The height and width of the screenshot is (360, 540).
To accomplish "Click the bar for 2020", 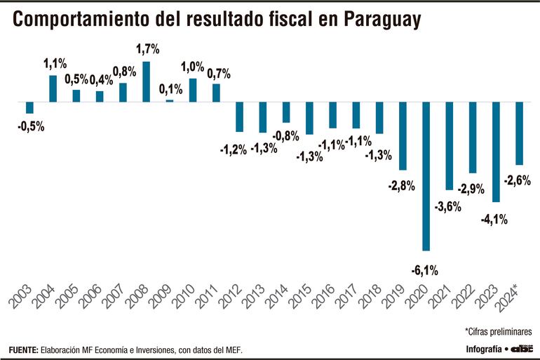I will pyautogui.click(x=426, y=176).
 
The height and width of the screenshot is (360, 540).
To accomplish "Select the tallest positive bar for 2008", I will pyautogui.click(x=146, y=81).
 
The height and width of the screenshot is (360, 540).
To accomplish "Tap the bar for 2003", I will pyautogui.click(x=29, y=107).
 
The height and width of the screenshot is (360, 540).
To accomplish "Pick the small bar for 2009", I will pyautogui.click(x=169, y=100).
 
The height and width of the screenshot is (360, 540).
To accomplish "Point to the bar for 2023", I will pyautogui.click(x=496, y=152).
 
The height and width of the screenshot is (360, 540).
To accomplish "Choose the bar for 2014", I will pyautogui.click(x=286, y=112).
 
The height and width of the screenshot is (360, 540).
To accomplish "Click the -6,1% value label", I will pyautogui.click(x=426, y=269).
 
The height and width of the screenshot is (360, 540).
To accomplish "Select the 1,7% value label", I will pyautogui.click(x=147, y=49).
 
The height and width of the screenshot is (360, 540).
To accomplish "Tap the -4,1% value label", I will pyautogui.click(x=494, y=219).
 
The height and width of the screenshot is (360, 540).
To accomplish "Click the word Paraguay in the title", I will pyautogui.click(x=382, y=20).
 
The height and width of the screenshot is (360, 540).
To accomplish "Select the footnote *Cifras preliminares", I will pyautogui.click(x=498, y=331).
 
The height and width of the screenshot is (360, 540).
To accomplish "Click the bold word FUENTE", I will pyautogui.click(x=23, y=349).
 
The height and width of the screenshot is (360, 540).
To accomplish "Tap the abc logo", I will pyautogui.click(x=522, y=349).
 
